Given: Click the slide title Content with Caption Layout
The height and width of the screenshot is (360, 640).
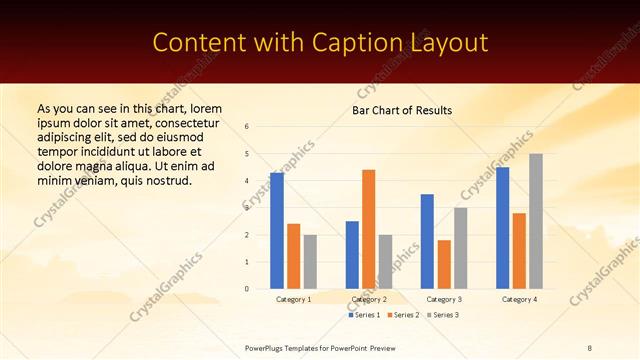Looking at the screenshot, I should [320, 43].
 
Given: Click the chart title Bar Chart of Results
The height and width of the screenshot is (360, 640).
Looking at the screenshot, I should [402, 110].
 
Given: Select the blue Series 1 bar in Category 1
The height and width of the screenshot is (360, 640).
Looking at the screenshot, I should [277, 231].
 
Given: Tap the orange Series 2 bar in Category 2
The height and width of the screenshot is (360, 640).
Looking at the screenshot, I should [368, 229].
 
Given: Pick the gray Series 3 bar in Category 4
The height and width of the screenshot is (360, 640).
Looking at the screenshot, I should [536, 221].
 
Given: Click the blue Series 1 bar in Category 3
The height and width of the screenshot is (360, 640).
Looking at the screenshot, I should [427, 241].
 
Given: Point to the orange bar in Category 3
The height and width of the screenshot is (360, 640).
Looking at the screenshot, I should [444, 264].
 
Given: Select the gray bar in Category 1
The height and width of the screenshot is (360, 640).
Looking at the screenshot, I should [310, 262].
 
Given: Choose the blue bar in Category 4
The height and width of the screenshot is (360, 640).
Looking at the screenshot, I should [502, 228].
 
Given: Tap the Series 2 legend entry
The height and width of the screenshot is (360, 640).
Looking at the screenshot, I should [403, 315].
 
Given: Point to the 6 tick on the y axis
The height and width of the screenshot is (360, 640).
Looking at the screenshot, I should [247, 127].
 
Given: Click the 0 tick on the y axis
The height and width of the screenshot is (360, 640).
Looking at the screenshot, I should [247, 289].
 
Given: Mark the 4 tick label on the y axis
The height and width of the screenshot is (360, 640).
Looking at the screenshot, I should [247, 181].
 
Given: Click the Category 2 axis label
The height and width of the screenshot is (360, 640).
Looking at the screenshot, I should [368, 299].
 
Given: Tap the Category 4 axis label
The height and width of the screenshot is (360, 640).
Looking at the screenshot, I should [519, 299].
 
